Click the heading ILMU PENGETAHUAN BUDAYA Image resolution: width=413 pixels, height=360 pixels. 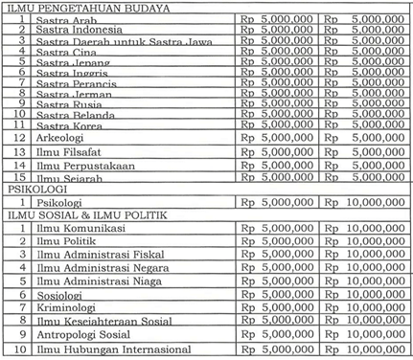(x=86, y=7)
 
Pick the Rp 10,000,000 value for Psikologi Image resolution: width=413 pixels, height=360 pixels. (x=365, y=203)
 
